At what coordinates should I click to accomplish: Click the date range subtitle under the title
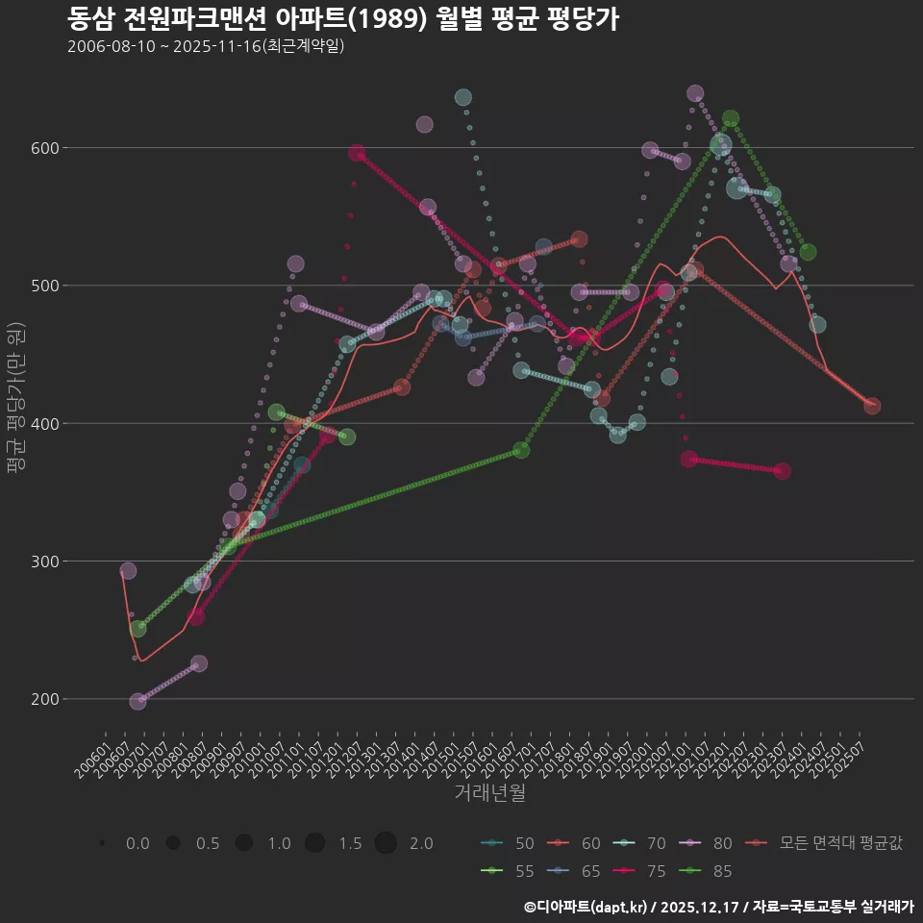[x=206, y=46]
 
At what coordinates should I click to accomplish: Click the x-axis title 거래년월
[x=489, y=793]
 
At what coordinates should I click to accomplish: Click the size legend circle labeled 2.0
[x=386, y=843]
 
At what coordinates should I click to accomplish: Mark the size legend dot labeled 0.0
[x=102, y=843]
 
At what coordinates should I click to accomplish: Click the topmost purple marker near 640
[x=695, y=93]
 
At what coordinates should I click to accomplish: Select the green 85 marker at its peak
[x=731, y=119]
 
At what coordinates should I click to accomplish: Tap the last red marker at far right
[x=872, y=406]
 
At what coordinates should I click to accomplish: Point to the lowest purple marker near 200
[x=138, y=702]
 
